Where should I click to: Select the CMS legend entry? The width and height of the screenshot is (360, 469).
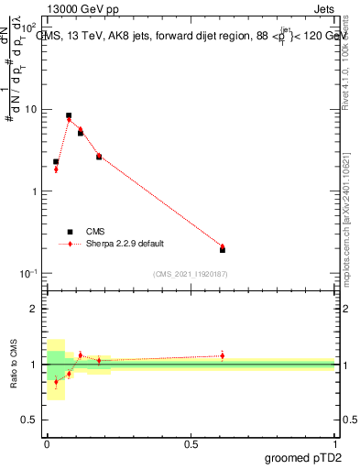pos(95,232)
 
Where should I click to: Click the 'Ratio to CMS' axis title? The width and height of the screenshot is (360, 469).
pos(16,364)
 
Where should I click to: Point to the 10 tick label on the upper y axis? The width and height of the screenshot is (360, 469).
pos(32,110)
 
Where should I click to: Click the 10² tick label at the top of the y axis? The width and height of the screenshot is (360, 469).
pos(30,27)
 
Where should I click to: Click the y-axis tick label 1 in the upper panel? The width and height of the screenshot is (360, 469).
pos(35,191)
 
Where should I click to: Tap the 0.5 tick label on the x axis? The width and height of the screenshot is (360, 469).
pos(191,444)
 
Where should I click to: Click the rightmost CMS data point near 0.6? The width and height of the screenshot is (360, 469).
pos(223,249)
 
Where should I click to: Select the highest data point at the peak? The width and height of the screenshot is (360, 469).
pos(69,116)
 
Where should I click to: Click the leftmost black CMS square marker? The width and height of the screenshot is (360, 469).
pos(56,161)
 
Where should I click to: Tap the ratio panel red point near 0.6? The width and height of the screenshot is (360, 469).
pos(223,355)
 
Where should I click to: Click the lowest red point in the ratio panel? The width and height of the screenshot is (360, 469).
pos(56,382)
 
